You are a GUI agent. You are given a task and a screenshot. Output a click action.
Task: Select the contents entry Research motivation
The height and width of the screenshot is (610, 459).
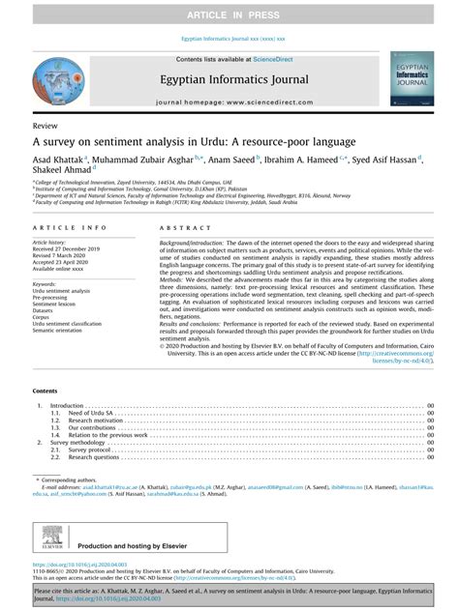click(x=97, y=421)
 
